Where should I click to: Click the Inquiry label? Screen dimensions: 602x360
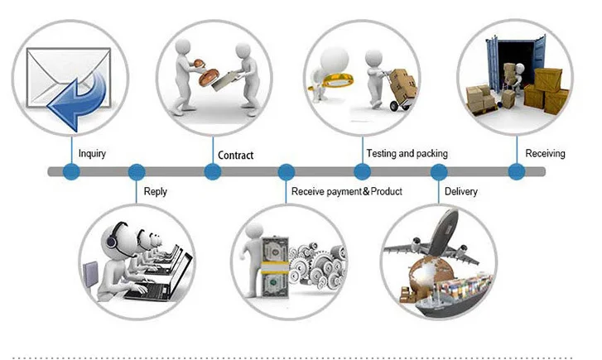tap(92, 154)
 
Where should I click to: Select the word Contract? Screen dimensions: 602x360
tap(236, 156)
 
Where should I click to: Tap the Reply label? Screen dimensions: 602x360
tap(156, 191)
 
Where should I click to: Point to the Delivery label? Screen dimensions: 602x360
tap(461, 191)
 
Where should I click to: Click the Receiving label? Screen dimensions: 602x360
tap(545, 154)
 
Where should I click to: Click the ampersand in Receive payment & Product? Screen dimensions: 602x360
tap(366, 191)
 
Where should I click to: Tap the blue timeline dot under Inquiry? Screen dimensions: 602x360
tap(71, 171)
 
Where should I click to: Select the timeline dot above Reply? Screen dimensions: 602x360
tap(137, 171)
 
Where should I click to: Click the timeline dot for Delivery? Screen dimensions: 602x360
tap(439, 171)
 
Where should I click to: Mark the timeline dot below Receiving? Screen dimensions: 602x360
tap(517, 171)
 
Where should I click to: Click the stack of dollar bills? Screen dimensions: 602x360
tap(275, 266)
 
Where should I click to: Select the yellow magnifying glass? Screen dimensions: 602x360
tap(331, 81)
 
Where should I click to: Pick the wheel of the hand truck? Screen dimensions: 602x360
tap(395, 106)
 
